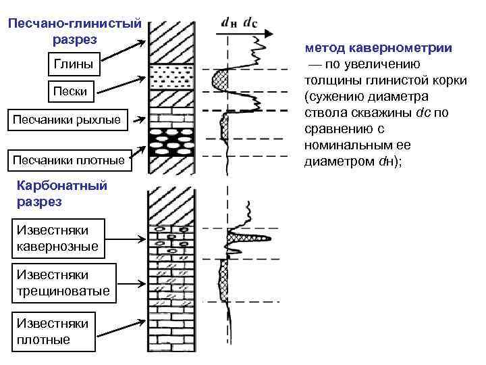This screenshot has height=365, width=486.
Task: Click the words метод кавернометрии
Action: pos(378,49)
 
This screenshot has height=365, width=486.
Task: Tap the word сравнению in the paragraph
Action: pos(335,130)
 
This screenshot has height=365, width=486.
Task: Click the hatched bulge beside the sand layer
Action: pos(221,80)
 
